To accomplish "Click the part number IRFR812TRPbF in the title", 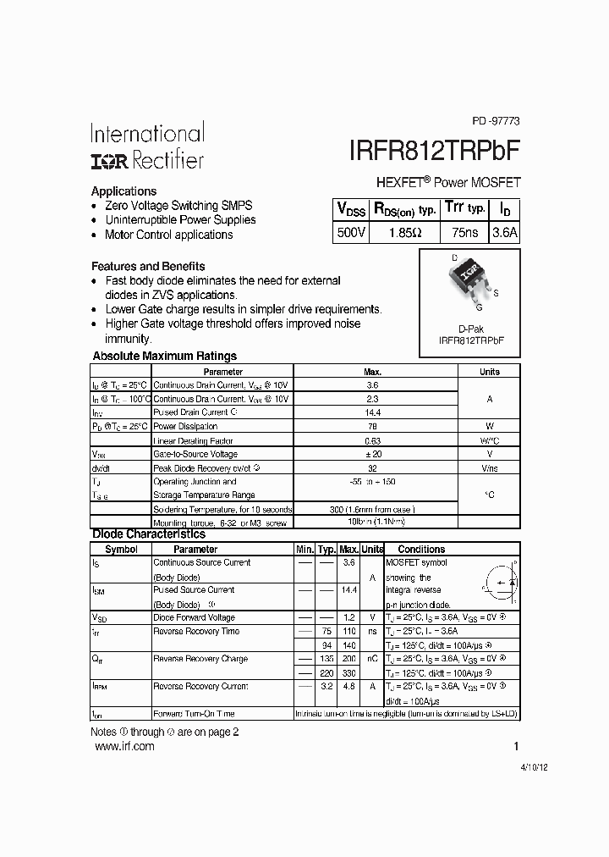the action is pyautogui.click(x=434, y=150).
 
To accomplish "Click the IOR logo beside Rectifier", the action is pyautogui.click(x=107, y=160).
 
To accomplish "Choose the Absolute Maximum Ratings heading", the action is pyautogui.click(x=164, y=357).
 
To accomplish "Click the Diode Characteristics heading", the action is pyautogui.click(x=148, y=534).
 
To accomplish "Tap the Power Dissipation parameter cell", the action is pyautogui.click(x=185, y=427).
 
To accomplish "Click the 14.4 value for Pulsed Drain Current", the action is pyautogui.click(x=373, y=412).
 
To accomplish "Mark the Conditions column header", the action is pyautogui.click(x=421, y=550).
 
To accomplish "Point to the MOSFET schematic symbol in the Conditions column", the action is pyautogui.click(x=499, y=584).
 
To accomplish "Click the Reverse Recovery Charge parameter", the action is pyautogui.click(x=200, y=659).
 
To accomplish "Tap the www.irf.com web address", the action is pyautogui.click(x=124, y=746).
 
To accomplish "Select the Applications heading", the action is pyautogui.click(x=123, y=191).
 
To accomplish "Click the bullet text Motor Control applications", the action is pyautogui.click(x=168, y=235).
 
